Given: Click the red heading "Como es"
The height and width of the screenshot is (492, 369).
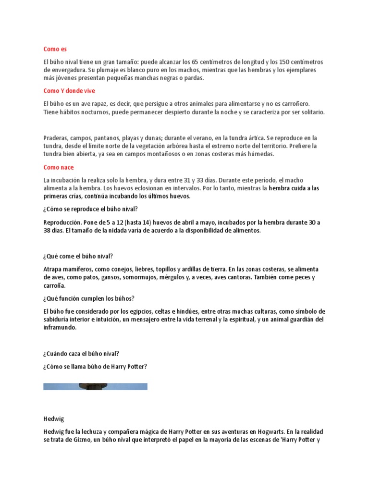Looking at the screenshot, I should (x=55, y=49).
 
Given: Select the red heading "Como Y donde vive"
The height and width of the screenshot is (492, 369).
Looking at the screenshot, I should (x=72, y=90).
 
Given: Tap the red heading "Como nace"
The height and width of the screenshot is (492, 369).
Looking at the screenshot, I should (x=59, y=167).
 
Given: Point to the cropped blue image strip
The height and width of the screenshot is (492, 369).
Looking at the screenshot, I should (x=95, y=386).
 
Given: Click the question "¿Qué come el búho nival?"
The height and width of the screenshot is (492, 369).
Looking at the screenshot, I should (x=78, y=256).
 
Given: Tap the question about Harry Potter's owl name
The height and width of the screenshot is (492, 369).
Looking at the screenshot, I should (x=95, y=367).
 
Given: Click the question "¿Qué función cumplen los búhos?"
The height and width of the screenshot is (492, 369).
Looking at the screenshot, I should (x=89, y=298).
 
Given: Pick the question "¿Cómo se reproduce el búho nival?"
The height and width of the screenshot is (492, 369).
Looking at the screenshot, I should (x=90, y=209).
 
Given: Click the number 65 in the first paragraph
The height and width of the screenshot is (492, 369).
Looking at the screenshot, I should (x=195, y=62).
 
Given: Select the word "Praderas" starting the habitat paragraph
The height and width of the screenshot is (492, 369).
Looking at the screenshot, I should (x=56, y=138).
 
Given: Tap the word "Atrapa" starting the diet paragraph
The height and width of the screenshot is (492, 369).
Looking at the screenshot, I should (x=53, y=269).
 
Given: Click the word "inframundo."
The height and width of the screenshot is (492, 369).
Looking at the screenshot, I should (x=60, y=328).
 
